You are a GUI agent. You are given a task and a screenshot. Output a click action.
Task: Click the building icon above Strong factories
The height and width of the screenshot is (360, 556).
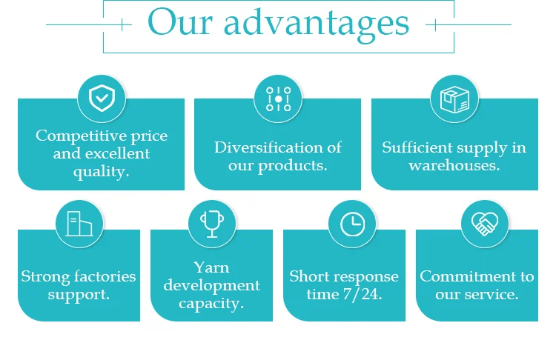point(79,224)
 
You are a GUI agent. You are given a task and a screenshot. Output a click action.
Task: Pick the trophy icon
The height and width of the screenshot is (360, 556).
point(211,224)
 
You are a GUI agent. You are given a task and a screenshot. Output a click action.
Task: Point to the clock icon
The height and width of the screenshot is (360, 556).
point(351,224)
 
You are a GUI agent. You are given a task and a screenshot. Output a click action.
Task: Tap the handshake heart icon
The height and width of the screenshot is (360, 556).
point(485,224)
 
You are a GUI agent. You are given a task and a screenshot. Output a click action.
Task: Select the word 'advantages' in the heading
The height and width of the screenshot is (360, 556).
point(317,24)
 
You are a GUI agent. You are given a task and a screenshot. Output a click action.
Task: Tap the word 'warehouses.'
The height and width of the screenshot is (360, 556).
point(454,165)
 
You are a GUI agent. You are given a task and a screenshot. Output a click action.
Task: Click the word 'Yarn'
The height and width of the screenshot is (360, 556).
point(211,267)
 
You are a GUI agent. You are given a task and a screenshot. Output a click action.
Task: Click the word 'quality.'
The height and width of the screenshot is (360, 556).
point(102,172)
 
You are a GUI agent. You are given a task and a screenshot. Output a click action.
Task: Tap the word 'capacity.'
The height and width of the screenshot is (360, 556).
point(211,303)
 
